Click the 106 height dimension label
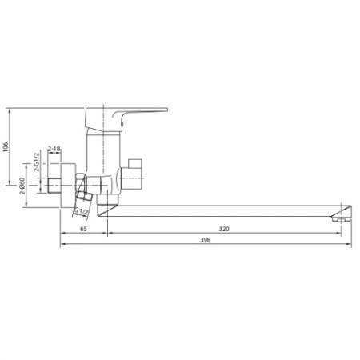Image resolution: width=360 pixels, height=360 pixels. [x=6, y=146]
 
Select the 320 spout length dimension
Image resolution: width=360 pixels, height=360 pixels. [x=224, y=230]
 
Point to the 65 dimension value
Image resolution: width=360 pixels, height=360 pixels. [x=84, y=230]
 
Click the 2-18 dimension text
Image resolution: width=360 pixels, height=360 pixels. [x=54, y=149]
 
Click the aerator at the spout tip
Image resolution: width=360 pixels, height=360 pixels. [x=343, y=214]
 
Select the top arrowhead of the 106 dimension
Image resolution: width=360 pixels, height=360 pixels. [x=11, y=108]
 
